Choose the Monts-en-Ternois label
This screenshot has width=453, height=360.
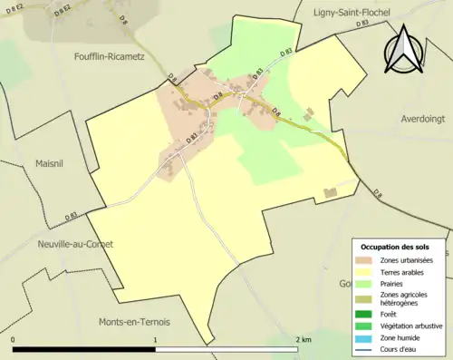133,322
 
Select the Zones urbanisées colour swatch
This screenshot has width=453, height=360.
366,260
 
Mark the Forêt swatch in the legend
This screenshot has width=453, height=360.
366,314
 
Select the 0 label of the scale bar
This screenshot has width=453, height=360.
14,338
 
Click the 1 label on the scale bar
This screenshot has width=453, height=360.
156,338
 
